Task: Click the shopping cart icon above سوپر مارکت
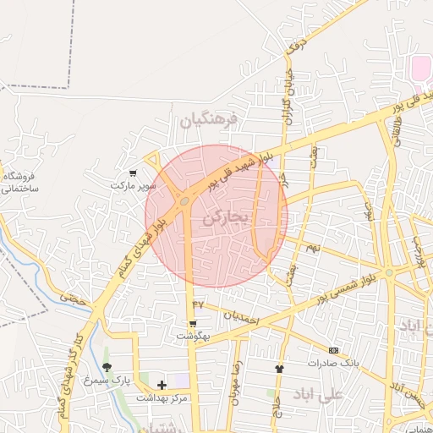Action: click(133, 173)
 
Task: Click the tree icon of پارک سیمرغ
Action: click(106, 367)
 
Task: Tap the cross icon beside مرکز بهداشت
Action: click(162, 385)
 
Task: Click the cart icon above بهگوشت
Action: click(193, 324)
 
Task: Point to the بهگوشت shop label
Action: click(192, 336)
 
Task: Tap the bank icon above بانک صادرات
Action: click(333, 350)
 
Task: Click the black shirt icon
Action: click(279, 369)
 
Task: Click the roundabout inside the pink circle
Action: click(184, 200)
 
